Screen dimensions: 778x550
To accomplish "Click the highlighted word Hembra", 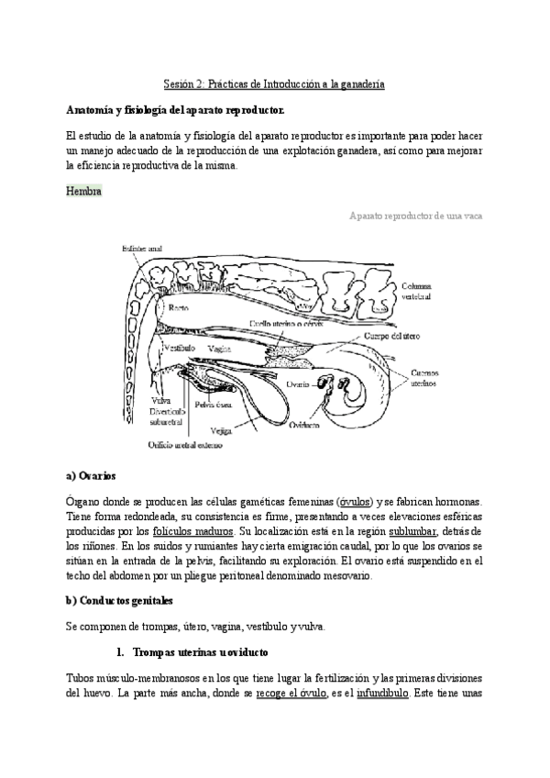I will point(84,191).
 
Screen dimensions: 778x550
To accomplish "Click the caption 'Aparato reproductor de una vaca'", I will point(416,217).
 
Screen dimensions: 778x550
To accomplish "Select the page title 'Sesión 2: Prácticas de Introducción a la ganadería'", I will point(274,84).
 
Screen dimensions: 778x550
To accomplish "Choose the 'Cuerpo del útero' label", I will point(421,336).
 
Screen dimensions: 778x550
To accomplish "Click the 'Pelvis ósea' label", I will point(213,405).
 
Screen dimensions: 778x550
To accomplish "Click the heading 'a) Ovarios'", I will point(92,476).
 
